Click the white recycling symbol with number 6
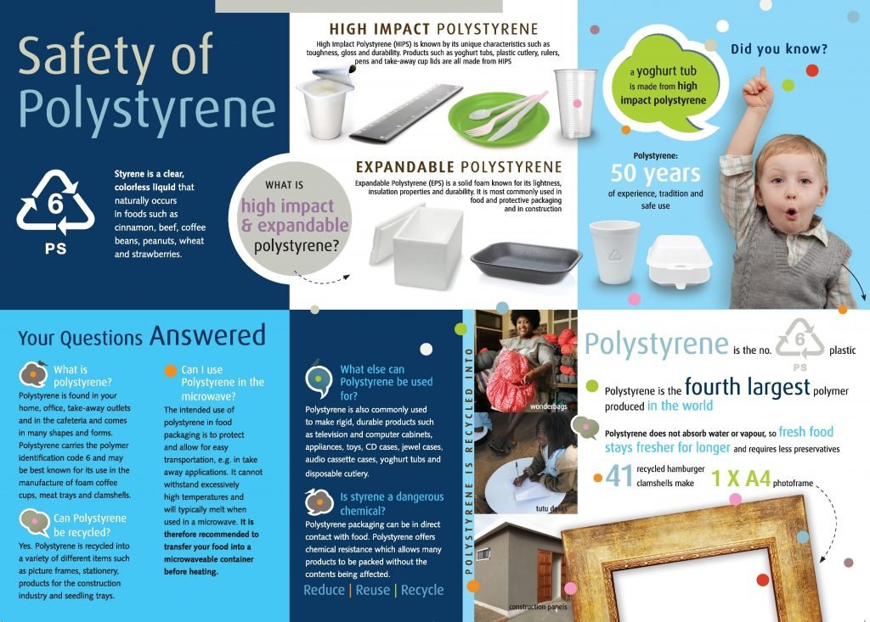(x=55, y=202)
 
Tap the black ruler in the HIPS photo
(x=407, y=113)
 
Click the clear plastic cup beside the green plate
(x=575, y=104)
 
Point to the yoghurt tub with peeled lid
(x=325, y=102)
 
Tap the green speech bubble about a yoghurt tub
(x=662, y=84)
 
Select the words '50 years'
(x=655, y=173)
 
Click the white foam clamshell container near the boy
(x=679, y=261)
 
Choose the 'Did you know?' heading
(x=778, y=48)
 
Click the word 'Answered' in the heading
(x=207, y=335)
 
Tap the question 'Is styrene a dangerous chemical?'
(x=392, y=503)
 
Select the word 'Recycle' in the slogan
(x=422, y=590)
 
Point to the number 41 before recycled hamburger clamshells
(x=619, y=476)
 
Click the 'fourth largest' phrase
(x=748, y=386)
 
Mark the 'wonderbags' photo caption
(x=548, y=406)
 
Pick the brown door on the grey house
(x=545, y=574)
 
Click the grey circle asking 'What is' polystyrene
(x=291, y=218)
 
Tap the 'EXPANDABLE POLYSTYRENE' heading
(x=459, y=167)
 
